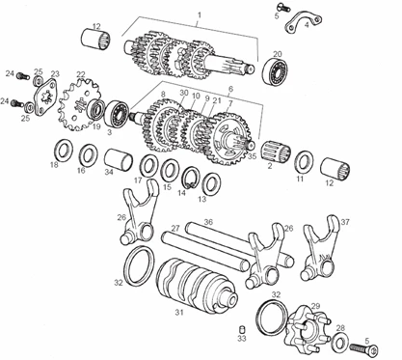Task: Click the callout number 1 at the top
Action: [x=200, y=14]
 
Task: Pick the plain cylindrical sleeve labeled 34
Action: [x=119, y=159]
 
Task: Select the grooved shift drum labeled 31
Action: [x=196, y=283]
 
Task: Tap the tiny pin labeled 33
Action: [x=242, y=329]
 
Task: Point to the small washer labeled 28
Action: [x=338, y=343]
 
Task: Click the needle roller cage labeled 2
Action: [x=275, y=152]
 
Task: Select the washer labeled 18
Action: [x=63, y=150]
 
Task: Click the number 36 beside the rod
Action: [x=208, y=222]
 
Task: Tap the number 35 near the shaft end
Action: [x=253, y=156]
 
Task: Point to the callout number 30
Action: [x=183, y=93]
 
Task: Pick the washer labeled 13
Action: [x=212, y=183]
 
